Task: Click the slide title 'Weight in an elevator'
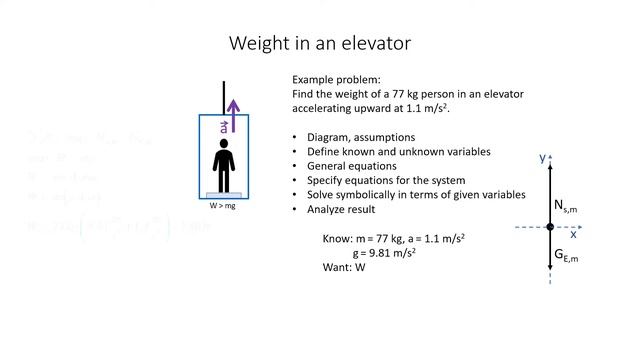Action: (x=320, y=43)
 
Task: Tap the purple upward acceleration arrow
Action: (x=234, y=115)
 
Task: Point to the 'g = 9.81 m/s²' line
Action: (x=384, y=253)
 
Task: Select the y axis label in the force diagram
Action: (x=541, y=158)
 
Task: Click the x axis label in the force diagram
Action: (x=573, y=234)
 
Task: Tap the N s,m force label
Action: (x=566, y=206)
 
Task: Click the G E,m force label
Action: (x=566, y=257)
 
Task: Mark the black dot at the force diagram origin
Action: (x=550, y=228)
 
